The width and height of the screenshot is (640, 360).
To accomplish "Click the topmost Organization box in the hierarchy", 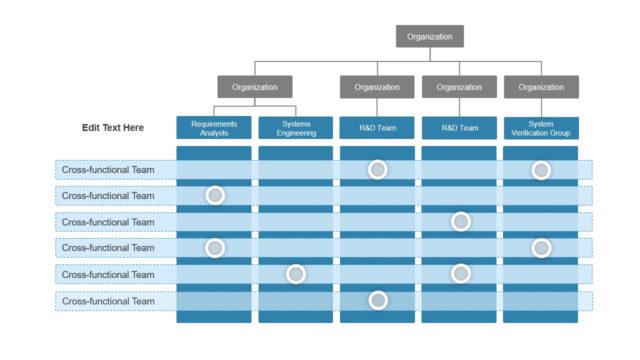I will (x=430, y=37).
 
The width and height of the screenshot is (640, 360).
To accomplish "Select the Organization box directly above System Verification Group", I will (x=541, y=87).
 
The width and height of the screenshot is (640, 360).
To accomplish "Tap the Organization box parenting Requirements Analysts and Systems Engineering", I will (x=255, y=87).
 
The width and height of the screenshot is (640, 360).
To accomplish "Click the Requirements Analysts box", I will (x=214, y=128).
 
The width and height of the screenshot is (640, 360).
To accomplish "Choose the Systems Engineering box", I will (x=296, y=128).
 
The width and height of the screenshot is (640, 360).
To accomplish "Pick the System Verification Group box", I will (x=541, y=128).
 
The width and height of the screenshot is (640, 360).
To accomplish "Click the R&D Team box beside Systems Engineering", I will (x=377, y=128).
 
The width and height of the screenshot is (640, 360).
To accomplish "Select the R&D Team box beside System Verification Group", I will (x=459, y=128).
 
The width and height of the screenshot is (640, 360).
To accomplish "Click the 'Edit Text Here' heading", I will (x=113, y=128).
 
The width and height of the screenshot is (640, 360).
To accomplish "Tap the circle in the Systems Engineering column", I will (x=296, y=274).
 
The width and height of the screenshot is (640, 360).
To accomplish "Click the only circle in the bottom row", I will (x=377, y=300).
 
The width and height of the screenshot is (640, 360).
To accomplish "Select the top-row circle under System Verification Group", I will (x=541, y=170).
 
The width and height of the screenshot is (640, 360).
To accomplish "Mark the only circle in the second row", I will (x=214, y=195).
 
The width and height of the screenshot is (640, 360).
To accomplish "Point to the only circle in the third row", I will (x=460, y=221).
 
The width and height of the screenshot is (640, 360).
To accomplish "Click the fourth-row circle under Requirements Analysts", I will (x=214, y=247).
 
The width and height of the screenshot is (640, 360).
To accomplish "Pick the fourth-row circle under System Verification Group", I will (x=541, y=247).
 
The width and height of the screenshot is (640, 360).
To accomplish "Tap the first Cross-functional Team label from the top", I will (x=108, y=170).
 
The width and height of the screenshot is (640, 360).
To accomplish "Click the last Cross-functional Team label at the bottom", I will (x=108, y=301).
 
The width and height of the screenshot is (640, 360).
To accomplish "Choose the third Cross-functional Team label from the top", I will (x=108, y=222).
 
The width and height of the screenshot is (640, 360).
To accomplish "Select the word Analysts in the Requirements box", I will (x=214, y=133).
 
